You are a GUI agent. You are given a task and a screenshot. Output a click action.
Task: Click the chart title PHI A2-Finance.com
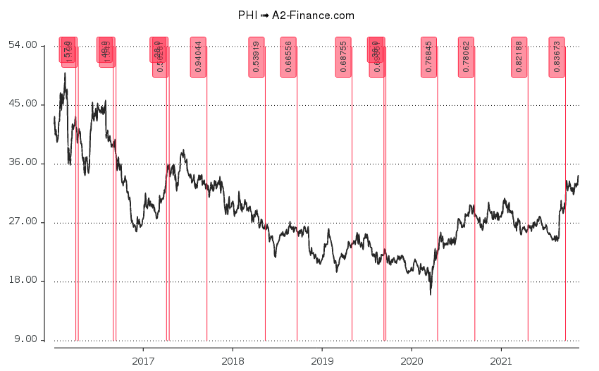[297, 15]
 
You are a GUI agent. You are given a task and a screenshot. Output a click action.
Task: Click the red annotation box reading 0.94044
[198, 57]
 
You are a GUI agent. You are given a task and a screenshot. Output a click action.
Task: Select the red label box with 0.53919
[257, 57]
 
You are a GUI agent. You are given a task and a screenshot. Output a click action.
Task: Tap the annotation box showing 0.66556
[288, 57]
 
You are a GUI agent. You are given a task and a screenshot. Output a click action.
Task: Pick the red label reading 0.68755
[343, 57]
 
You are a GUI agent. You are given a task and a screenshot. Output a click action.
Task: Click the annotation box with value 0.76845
[428, 57]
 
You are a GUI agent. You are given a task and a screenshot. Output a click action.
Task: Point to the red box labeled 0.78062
[466, 57]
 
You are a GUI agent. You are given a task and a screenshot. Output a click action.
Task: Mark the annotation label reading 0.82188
[519, 57]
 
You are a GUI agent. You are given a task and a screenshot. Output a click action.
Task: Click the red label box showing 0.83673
[557, 57]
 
